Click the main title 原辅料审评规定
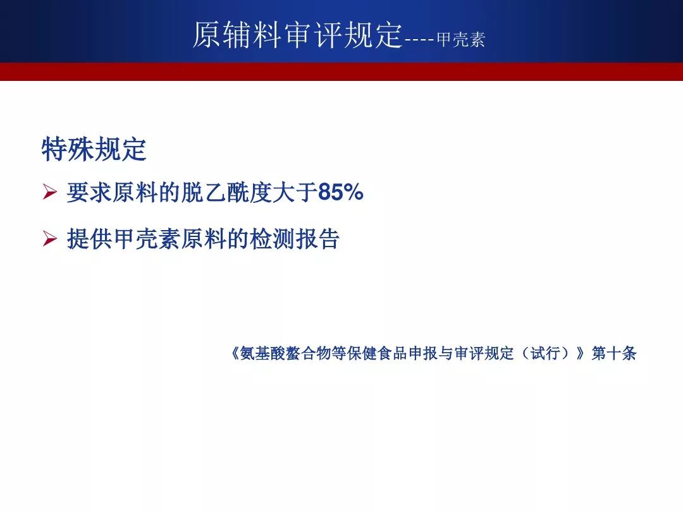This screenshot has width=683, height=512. (x=297, y=34)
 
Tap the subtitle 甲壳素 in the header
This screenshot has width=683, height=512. (x=461, y=40)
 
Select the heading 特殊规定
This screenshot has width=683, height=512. (x=94, y=149)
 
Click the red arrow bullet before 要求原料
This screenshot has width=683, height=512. (x=50, y=192)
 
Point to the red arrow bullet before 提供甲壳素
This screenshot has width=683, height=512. (x=50, y=238)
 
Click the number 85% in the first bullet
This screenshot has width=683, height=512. (x=341, y=192)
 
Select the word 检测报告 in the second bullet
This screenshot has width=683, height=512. (x=295, y=239)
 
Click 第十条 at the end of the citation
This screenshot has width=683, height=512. (x=614, y=353)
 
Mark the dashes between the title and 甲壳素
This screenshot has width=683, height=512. (x=419, y=40)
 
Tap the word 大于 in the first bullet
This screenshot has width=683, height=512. (x=295, y=192)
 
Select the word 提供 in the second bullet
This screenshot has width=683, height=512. (x=89, y=239)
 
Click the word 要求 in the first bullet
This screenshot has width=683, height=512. (x=89, y=192)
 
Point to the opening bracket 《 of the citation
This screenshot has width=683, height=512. (x=235, y=353)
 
